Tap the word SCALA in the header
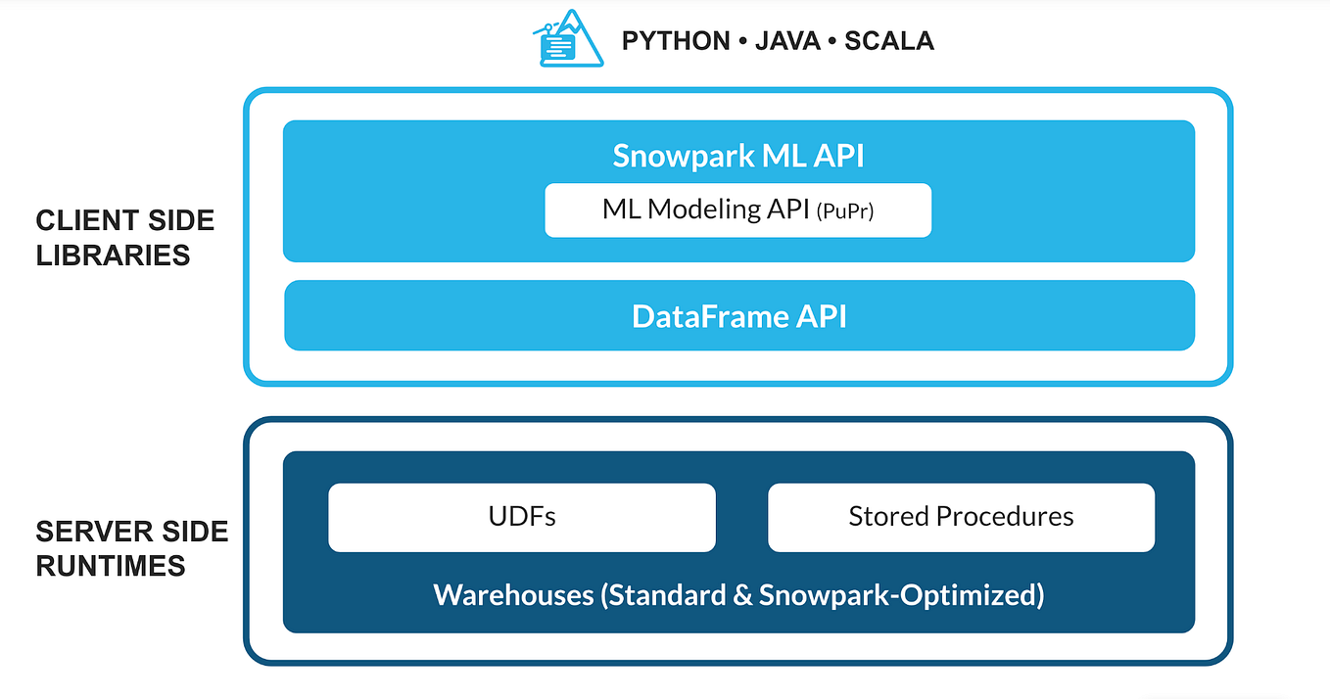[889, 41]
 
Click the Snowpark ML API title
[738, 156]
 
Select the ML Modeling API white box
[737, 210]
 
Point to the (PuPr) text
[844, 210]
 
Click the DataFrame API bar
[738, 316]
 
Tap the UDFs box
[522, 517]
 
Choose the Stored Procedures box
[961, 517]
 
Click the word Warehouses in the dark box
[514, 594]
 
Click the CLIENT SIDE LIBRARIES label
[125, 238]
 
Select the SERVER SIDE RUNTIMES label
[132, 548]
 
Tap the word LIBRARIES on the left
[113, 256]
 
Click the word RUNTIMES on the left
[111, 566]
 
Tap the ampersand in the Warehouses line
[741, 594]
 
